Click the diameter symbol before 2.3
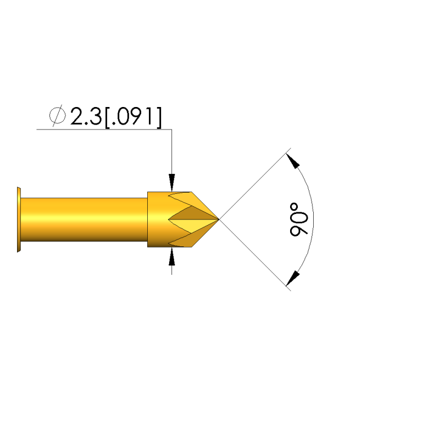(x=58, y=115)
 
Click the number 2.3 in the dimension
(x=86, y=116)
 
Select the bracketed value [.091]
(x=134, y=117)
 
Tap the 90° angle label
(x=299, y=219)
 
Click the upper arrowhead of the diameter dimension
(x=172, y=182)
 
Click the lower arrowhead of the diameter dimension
(x=172, y=256)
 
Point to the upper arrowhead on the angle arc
(x=293, y=161)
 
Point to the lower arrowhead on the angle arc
(x=293, y=278)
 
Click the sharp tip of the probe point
(x=219, y=219)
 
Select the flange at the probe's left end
(x=19, y=219)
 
